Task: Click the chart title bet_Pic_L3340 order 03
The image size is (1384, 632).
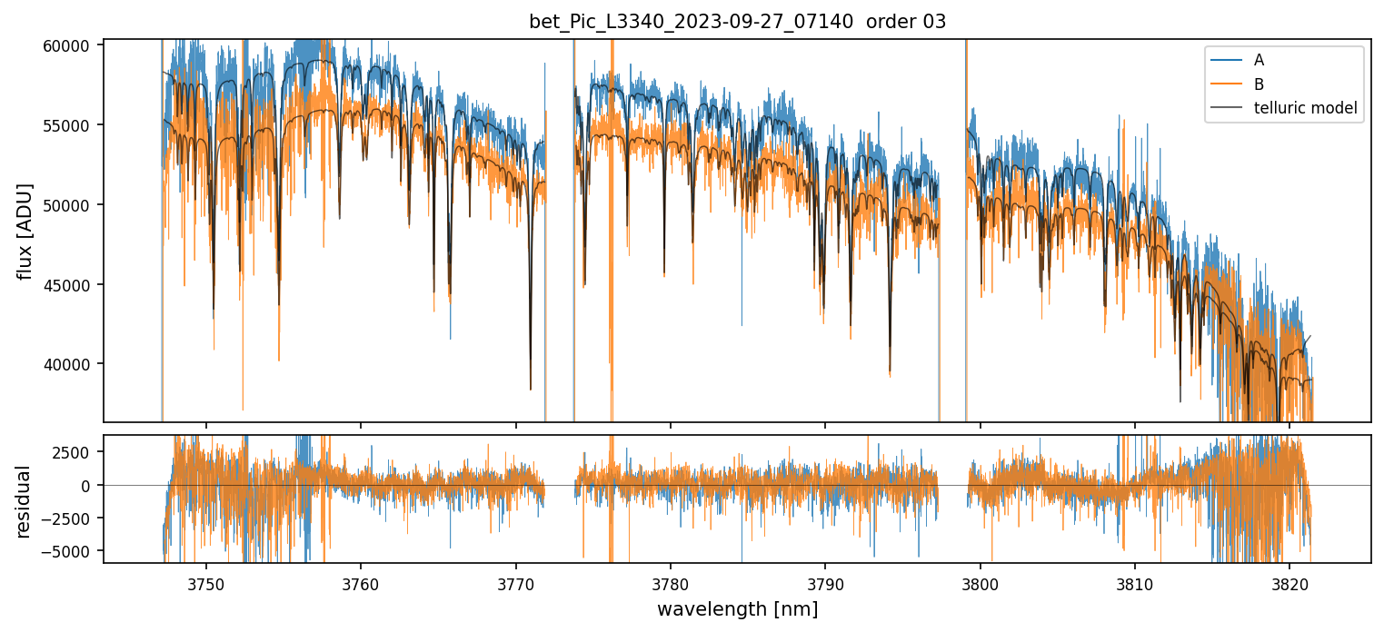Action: coord(737,22)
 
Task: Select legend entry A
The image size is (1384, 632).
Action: coord(1259,61)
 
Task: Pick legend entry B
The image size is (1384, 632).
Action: coord(1259,84)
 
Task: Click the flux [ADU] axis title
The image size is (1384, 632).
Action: coord(25,231)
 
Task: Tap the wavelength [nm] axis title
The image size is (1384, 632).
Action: coord(737,608)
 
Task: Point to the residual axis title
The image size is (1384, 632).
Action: coord(25,500)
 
